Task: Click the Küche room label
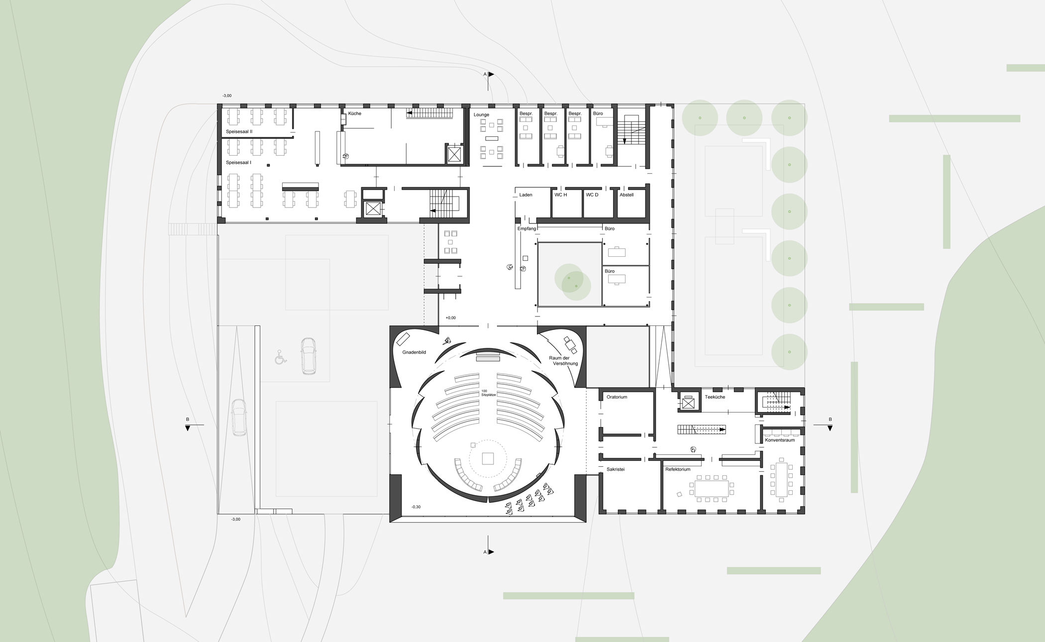pos(354,113)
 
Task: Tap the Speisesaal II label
pos(239,131)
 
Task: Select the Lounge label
pos(481,114)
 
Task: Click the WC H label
pos(561,195)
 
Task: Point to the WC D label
pos(592,195)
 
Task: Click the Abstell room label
pos(627,195)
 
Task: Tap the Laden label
pos(525,195)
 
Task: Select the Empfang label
pos(526,228)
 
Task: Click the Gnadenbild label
pos(414,352)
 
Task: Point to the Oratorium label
pos(617,397)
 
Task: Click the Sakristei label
pos(616,469)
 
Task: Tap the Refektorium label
pos(678,469)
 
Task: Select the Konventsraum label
pos(780,440)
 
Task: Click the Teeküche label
pos(715,397)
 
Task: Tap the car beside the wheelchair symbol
pos(308,356)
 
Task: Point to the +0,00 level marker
pos(450,318)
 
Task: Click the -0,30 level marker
pos(416,507)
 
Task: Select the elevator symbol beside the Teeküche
pos(688,404)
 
